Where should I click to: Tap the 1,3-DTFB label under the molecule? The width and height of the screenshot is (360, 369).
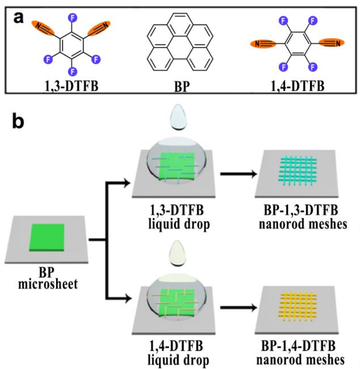(x=71, y=85)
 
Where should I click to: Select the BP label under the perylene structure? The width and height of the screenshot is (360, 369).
(x=179, y=86)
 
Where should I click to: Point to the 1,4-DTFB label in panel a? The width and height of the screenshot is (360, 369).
(x=298, y=85)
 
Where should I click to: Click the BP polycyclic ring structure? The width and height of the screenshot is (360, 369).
(x=179, y=43)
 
